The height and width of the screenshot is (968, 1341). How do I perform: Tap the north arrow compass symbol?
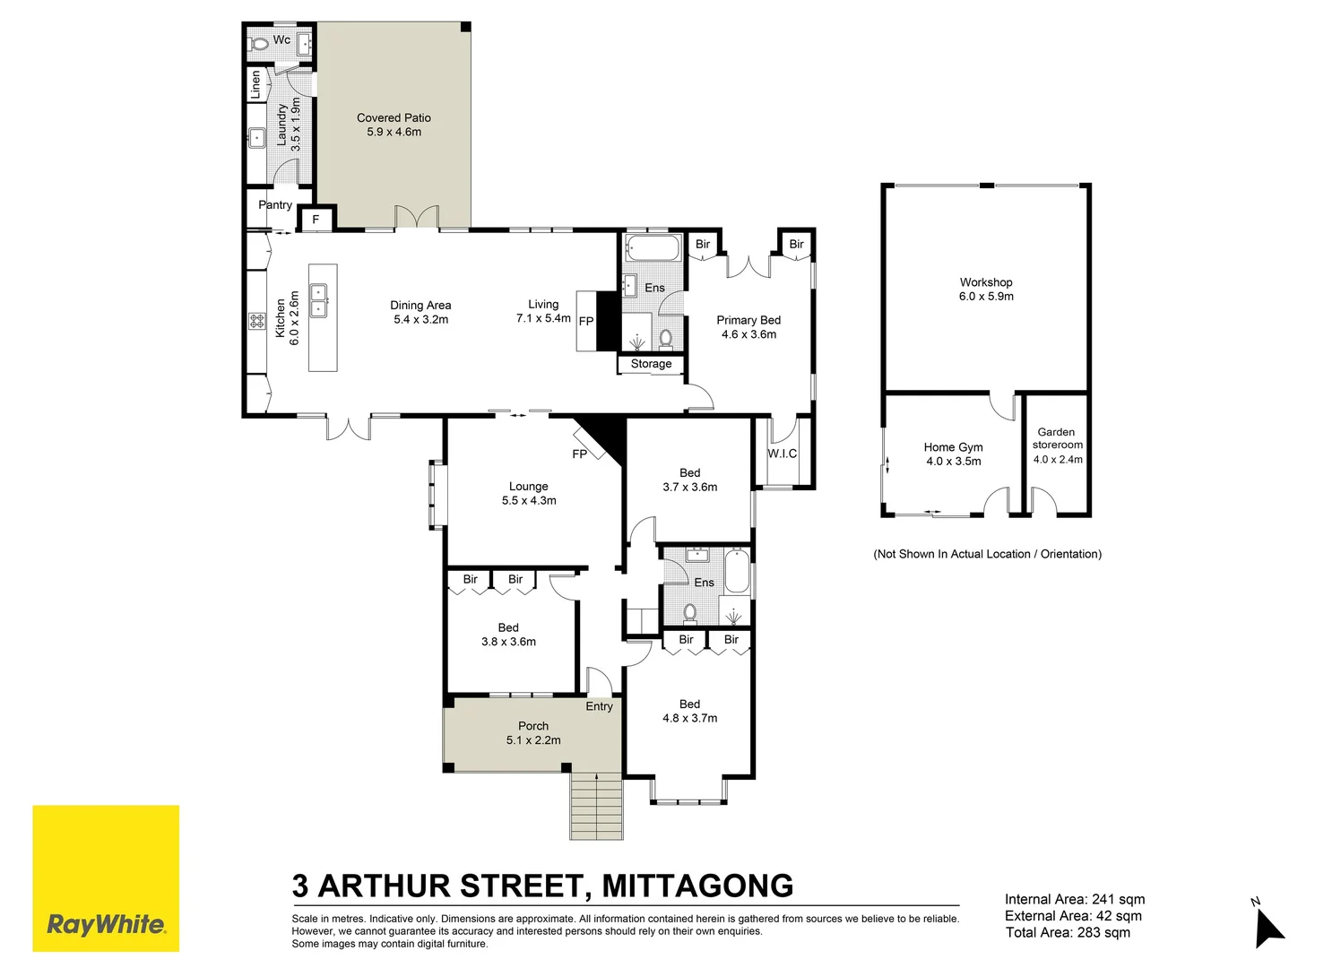(x=1267, y=926)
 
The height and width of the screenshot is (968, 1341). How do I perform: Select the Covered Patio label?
(x=394, y=117)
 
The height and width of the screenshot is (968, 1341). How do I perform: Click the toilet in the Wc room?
(x=260, y=43)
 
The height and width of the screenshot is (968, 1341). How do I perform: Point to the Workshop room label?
(x=985, y=282)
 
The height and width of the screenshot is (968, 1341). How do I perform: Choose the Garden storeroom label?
(x=1057, y=438)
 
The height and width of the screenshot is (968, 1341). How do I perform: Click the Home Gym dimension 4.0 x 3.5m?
(x=953, y=462)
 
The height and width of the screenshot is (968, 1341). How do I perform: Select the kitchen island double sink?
(x=318, y=300)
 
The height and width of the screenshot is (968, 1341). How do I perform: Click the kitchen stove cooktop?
(x=256, y=320)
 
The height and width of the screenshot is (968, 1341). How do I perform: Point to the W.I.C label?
(x=782, y=454)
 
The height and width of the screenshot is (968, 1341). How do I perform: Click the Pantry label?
(x=275, y=205)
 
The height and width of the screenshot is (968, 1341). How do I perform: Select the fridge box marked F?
(x=316, y=220)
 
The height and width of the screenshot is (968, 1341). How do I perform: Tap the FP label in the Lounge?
(x=579, y=454)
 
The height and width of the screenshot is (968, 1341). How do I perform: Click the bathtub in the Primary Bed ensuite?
(x=653, y=247)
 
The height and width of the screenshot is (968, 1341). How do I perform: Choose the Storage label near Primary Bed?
(x=651, y=364)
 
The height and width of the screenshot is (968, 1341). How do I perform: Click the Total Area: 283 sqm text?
(x=1067, y=933)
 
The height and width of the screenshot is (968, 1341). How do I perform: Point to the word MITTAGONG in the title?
(x=697, y=886)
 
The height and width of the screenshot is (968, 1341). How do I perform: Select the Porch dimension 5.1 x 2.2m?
(x=532, y=740)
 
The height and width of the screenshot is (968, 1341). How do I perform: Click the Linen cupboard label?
(x=255, y=84)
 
